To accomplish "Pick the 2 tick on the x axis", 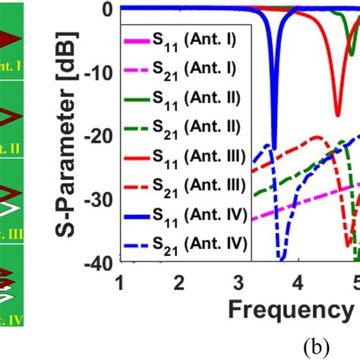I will click(179, 282).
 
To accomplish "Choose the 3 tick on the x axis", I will click(238, 282).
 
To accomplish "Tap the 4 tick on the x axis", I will click(298, 282).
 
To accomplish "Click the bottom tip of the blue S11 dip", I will click(274, 149).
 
